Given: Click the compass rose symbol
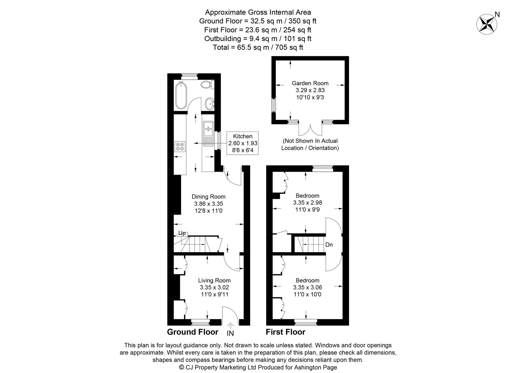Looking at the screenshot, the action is (487, 24).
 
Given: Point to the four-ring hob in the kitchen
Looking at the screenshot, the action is (180, 146).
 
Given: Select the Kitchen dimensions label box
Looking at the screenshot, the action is (243, 143).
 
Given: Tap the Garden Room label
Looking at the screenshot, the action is (310, 83).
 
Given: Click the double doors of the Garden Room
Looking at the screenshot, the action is (310, 130).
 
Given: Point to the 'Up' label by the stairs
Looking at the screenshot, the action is (182, 233).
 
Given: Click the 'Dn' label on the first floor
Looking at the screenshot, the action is (329, 245).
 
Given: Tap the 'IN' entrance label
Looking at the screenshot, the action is (230, 334).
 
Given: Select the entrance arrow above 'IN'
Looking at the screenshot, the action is (230, 325).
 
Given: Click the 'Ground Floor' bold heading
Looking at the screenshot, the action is (193, 332).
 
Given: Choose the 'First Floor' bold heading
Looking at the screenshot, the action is (286, 332).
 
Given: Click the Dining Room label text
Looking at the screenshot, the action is (208, 197).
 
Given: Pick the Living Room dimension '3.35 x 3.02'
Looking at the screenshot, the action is (214, 287).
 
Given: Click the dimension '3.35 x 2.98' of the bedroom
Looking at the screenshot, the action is (308, 203).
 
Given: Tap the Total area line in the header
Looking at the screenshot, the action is (258, 47).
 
